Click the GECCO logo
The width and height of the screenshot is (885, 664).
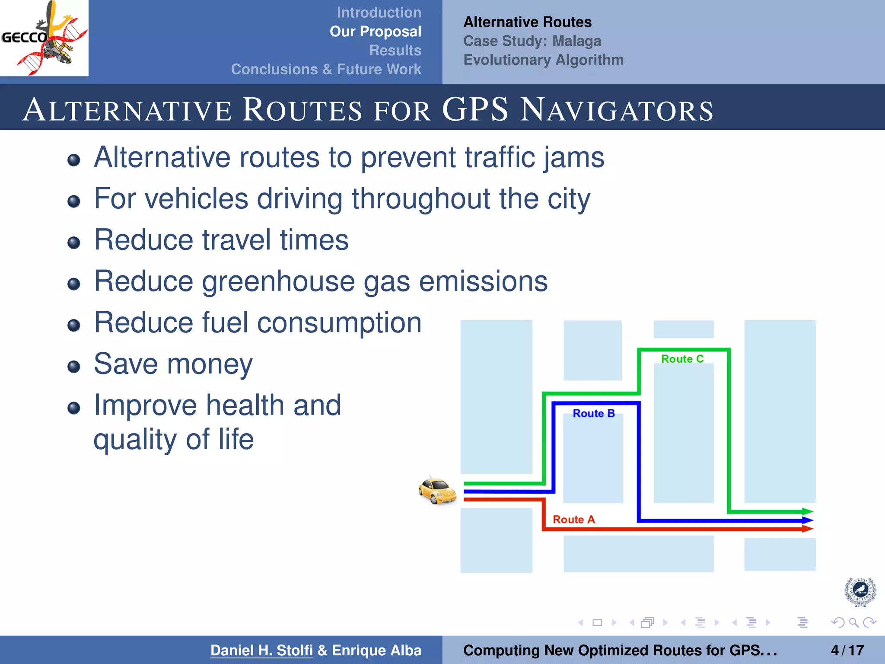(44, 38)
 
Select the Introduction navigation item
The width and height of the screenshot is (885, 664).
(379, 13)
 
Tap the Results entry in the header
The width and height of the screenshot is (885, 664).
(395, 50)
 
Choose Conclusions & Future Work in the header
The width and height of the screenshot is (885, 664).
(326, 69)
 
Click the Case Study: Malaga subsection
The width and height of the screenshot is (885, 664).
(532, 41)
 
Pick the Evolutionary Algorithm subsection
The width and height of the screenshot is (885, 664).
(543, 60)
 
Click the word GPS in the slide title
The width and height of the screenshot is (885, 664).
(475, 109)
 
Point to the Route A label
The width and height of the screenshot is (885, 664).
(573, 519)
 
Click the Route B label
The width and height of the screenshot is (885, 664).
(593, 413)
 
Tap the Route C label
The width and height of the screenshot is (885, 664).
(682, 359)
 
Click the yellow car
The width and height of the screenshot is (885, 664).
(437, 491)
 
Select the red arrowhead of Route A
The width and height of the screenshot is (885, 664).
(807, 528)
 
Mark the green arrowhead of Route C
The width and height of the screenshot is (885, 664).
(807, 512)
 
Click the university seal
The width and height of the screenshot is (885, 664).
(860, 591)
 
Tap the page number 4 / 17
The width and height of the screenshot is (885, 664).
(847, 650)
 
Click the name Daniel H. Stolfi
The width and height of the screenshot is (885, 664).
(261, 650)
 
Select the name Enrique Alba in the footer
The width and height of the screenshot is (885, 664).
(376, 650)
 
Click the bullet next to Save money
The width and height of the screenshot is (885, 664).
(74, 367)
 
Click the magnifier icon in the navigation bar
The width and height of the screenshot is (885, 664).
(853, 622)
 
